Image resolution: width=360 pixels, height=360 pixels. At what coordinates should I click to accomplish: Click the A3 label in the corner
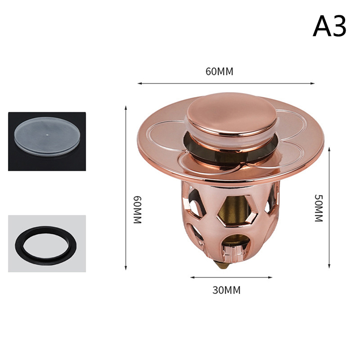tap(329, 26)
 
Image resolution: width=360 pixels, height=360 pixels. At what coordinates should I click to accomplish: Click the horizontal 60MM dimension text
tap(219, 72)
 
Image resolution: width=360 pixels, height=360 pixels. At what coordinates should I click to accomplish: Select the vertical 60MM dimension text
tap(138, 210)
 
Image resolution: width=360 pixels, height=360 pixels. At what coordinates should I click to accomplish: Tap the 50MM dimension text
tap(319, 208)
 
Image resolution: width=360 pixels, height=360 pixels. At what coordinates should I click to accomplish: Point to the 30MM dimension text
tap(226, 290)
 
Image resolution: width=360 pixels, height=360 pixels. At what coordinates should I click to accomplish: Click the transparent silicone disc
tap(47, 136)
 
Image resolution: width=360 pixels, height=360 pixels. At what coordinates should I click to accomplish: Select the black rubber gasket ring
tap(46, 245)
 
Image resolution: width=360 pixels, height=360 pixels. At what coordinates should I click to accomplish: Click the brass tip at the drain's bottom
tap(223, 265)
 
